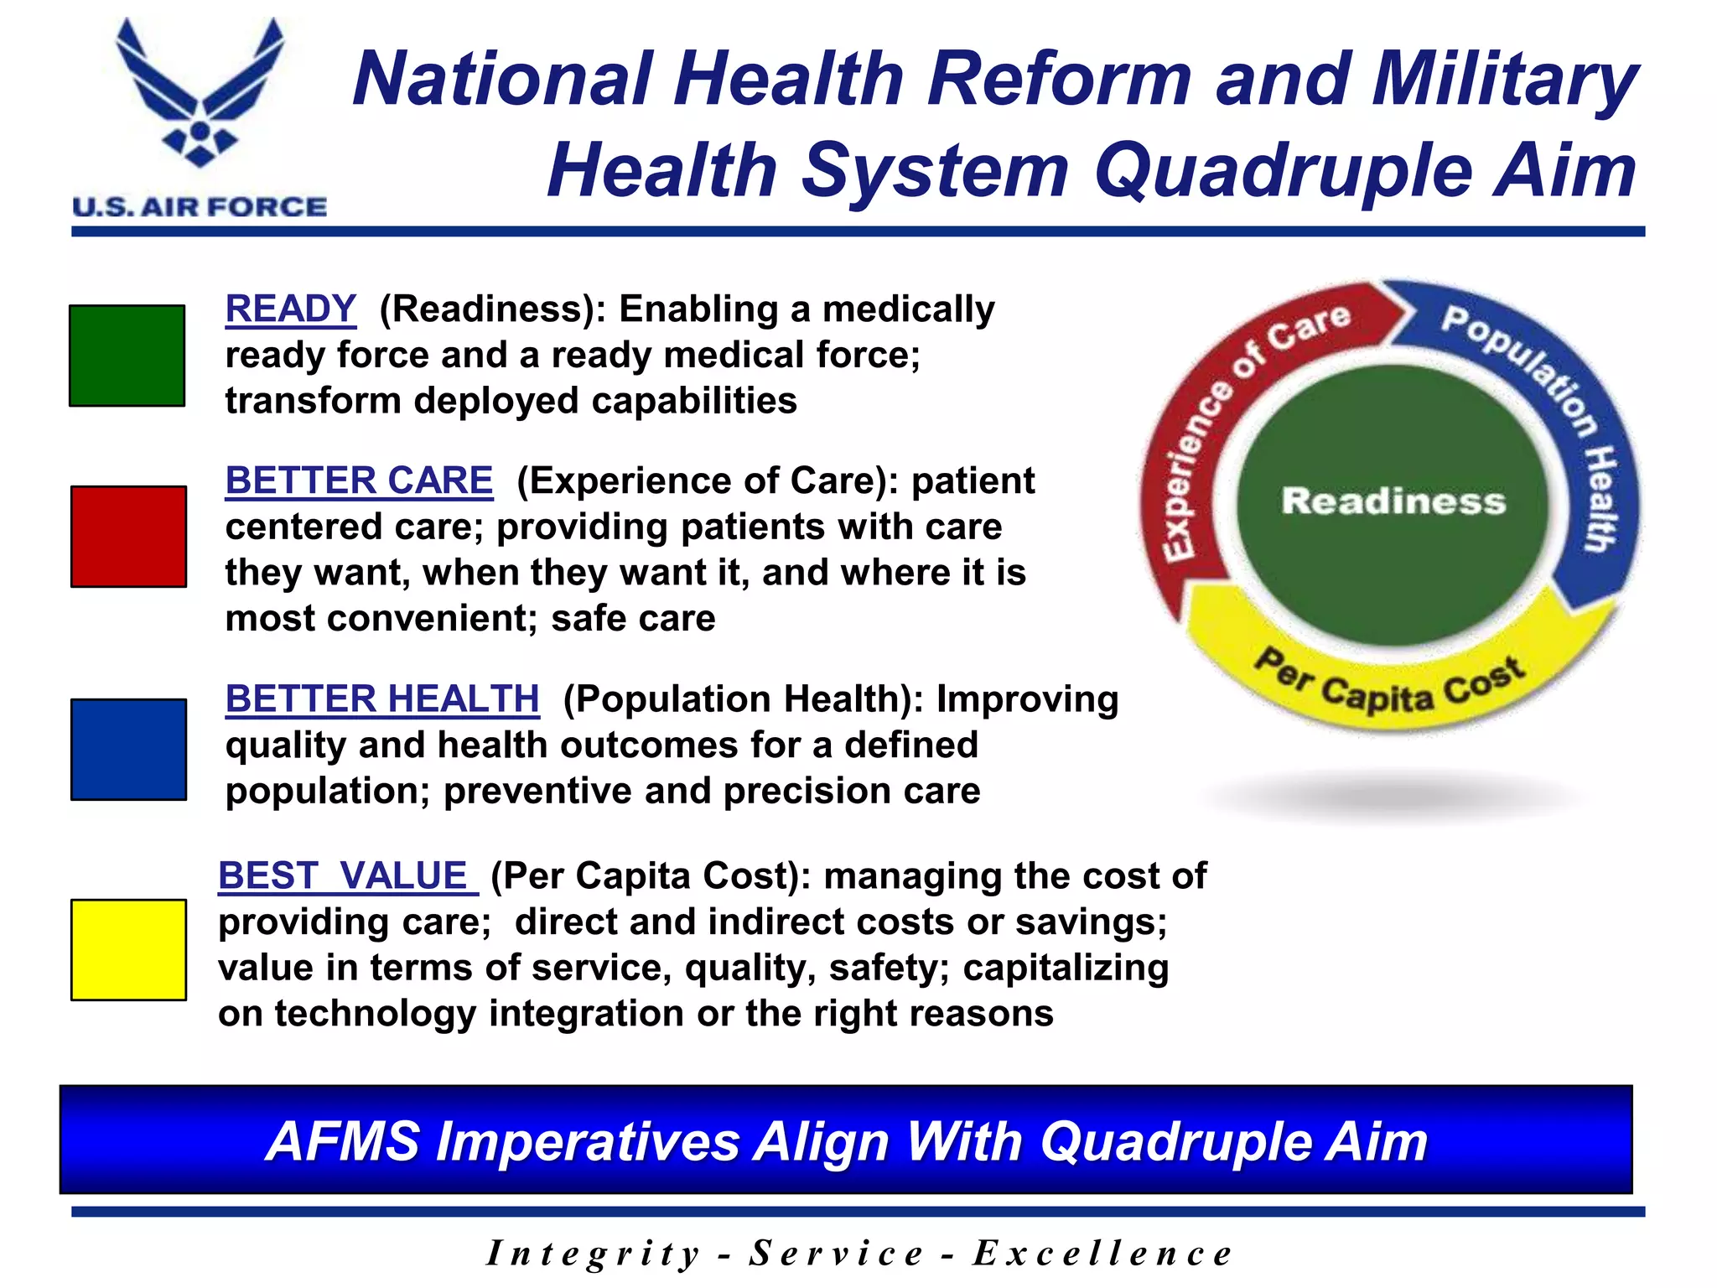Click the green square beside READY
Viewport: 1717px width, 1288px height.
(127, 356)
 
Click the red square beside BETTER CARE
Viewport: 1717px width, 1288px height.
(128, 537)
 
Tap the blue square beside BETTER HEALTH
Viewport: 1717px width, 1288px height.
(128, 750)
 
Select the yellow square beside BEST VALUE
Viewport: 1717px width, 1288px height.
(128, 950)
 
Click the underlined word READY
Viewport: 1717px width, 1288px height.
(291, 309)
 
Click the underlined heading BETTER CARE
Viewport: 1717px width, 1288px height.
(359, 481)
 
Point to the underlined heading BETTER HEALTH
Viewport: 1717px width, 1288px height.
(382, 699)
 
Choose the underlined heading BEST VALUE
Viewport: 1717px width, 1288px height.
(346, 876)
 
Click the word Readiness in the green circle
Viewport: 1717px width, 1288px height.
(1393, 501)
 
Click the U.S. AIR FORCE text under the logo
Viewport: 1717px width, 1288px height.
(200, 207)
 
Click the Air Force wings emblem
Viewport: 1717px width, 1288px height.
(200, 92)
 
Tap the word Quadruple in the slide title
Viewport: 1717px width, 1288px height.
(1284, 171)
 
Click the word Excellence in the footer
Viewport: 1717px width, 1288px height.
(1102, 1254)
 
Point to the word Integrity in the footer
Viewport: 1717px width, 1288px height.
(594, 1254)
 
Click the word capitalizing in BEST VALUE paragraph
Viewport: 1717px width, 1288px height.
(1066, 969)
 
